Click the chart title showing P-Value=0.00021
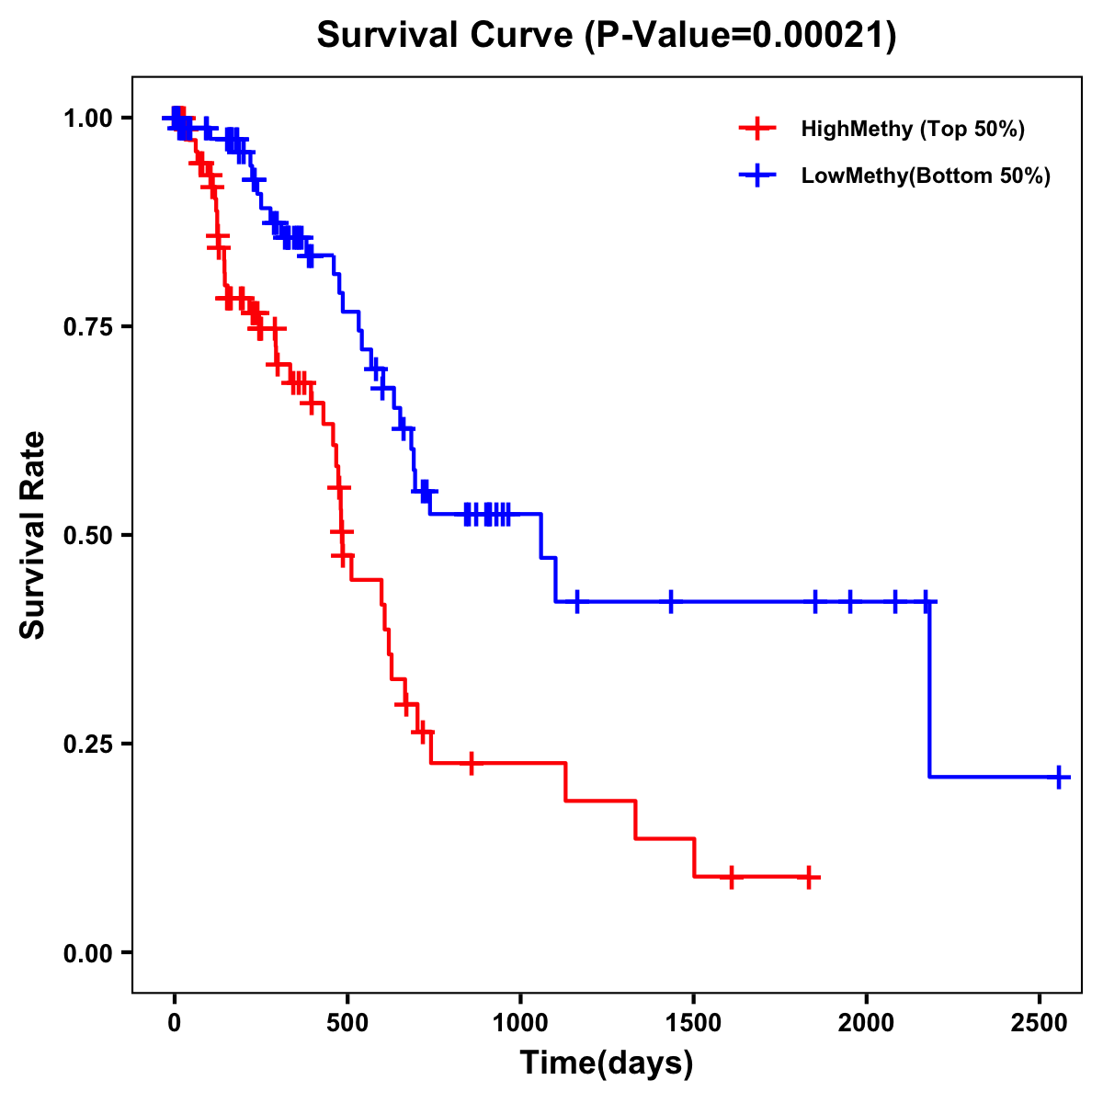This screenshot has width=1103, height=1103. [607, 36]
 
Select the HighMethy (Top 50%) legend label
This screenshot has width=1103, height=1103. [913, 129]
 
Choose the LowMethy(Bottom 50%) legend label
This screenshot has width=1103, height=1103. [926, 176]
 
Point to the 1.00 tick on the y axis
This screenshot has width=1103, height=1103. [87, 119]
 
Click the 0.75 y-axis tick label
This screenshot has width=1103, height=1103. [87, 327]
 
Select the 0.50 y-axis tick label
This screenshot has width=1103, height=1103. [87, 536]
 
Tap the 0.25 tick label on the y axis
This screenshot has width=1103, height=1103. [87, 745]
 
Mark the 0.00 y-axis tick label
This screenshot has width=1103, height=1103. [87, 953]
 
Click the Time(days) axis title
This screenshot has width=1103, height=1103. [607, 1063]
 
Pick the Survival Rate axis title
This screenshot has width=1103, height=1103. [33, 535]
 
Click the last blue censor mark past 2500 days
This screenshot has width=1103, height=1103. [1059, 777]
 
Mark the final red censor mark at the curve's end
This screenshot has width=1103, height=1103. [808, 877]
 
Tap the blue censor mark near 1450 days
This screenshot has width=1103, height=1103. [671, 601]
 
